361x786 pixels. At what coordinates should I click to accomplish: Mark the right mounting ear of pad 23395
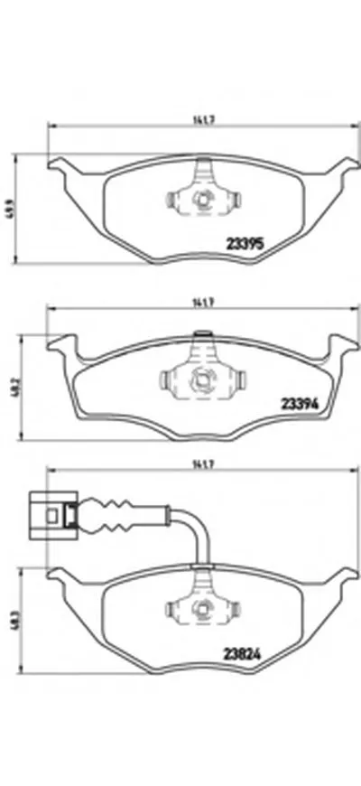343,167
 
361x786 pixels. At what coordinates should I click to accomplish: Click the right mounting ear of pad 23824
343,578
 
